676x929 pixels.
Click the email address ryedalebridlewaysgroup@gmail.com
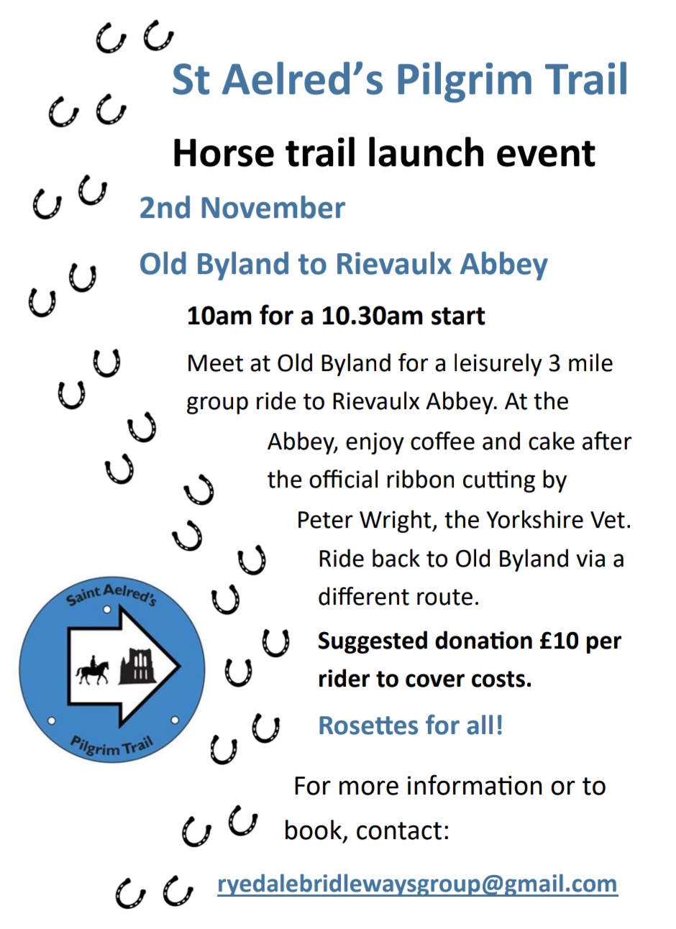tap(418, 884)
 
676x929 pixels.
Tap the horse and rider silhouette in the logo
tap(92, 670)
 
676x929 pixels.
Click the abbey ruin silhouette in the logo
tap(137, 666)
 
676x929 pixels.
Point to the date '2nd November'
tap(242, 207)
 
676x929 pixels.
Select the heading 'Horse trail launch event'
tap(384, 152)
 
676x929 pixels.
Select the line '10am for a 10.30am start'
tap(336, 316)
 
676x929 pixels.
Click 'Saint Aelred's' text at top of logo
tap(111, 595)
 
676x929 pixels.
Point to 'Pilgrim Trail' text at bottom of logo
tap(112, 746)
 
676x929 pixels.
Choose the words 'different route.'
tap(398, 598)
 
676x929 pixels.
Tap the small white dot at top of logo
tap(107, 610)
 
